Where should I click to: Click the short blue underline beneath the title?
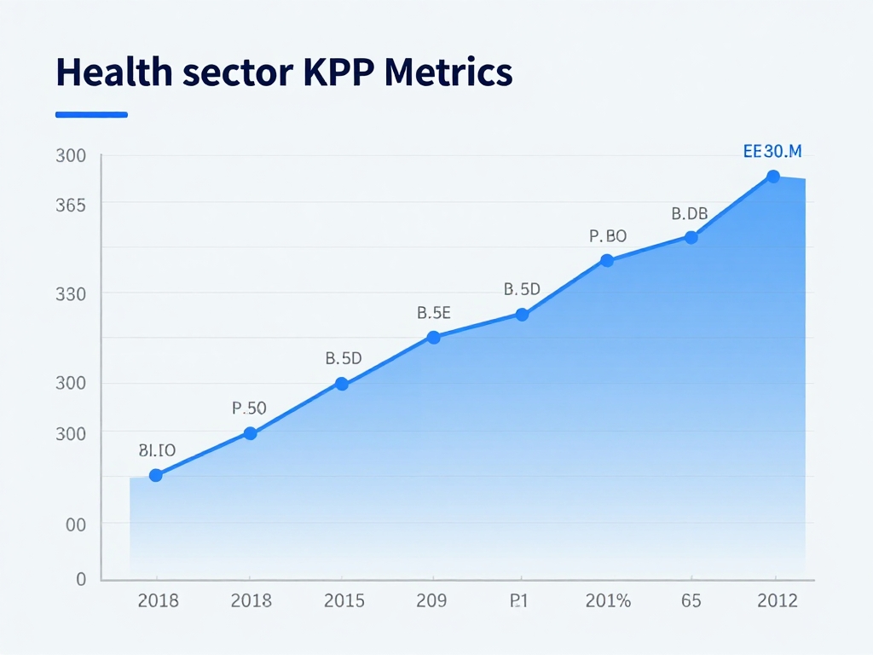[91, 114]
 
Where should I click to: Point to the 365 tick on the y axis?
[70, 206]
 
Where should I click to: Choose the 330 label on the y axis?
[70, 294]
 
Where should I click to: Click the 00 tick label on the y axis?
[76, 525]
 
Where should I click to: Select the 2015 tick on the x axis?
[344, 601]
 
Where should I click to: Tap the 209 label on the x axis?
[431, 601]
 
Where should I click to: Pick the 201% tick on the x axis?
[608, 601]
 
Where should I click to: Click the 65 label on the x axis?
[691, 601]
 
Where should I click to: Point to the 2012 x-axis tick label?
[778, 601]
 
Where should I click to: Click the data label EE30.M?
[772, 152]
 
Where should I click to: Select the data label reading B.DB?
[690, 213]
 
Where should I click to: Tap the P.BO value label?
[608, 236]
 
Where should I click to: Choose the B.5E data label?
[433, 313]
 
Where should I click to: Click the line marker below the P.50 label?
[250, 433]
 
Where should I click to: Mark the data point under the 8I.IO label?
[155, 475]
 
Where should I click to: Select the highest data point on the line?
[773, 177]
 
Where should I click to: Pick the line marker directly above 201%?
[607, 260]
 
